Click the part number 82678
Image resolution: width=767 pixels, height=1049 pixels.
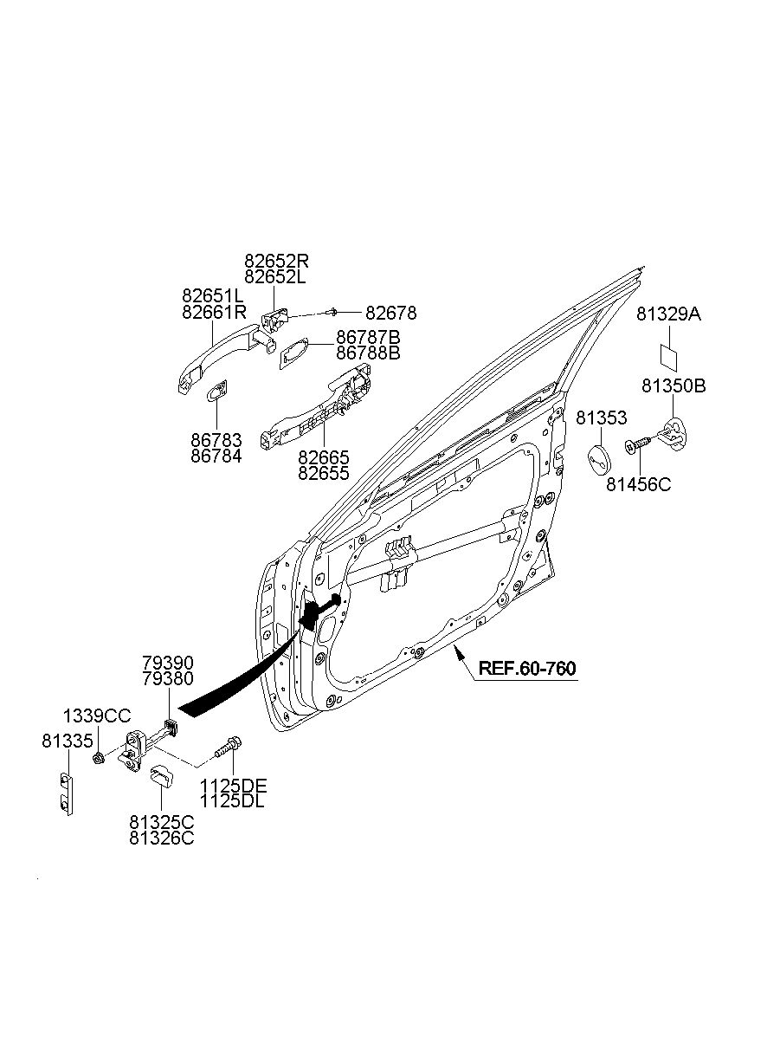(x=390, y=313)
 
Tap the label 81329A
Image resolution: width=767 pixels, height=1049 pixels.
(x=668, y=314)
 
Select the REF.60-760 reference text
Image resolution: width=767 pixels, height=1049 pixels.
(x=527, y=668)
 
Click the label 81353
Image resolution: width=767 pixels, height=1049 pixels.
(x=601, y=418)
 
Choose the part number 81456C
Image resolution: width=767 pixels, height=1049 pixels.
(x=638, y=485)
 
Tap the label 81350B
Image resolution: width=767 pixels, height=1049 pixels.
(x=674, y=385)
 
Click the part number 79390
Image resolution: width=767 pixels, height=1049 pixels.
(x=168, y=664)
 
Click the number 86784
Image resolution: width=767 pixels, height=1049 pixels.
(x=216, y=456)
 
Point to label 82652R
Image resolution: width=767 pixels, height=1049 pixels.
(x=276, y=261)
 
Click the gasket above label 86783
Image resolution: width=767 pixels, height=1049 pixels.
(x=217, y=391)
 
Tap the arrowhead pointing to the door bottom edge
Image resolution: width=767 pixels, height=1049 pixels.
(x=459, y=652)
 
